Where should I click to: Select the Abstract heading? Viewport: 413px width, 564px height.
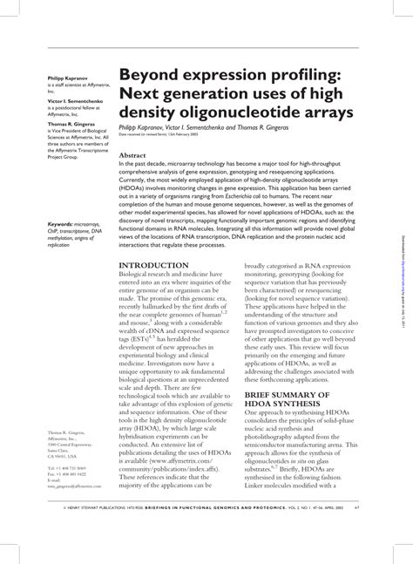coord(133,155)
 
